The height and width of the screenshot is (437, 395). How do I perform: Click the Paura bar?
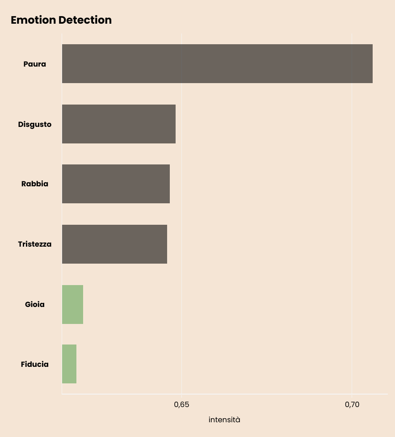(217, 63)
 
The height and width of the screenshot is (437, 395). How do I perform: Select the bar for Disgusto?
(119, 124)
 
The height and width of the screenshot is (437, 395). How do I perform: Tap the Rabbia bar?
(116, 184)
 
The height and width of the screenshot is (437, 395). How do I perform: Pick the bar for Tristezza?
(114, 244)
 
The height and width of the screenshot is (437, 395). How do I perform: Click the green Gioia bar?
(72, 304)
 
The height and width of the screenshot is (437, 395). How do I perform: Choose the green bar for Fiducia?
(69, 364)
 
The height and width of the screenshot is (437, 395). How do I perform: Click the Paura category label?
(34, 64)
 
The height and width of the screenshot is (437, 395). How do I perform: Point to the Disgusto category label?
(34, 125)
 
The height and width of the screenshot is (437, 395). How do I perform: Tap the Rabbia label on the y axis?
(34, 184)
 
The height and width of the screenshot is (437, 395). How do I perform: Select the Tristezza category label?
(34, 244)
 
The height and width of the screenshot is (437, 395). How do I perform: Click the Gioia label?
(34, 304)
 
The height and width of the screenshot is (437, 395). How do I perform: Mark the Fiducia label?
(34, 364)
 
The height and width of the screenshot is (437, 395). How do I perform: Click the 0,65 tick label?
(181, 404)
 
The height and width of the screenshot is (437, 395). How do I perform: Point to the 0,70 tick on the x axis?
(352, 404)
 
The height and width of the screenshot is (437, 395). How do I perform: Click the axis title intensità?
(224, 420)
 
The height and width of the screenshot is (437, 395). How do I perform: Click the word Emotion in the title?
(34, 20)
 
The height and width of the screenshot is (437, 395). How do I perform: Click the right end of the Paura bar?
(373, 63)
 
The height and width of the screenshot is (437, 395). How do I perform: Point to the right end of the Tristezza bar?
(167, 244)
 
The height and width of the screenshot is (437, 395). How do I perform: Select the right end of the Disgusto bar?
(176, 124)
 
